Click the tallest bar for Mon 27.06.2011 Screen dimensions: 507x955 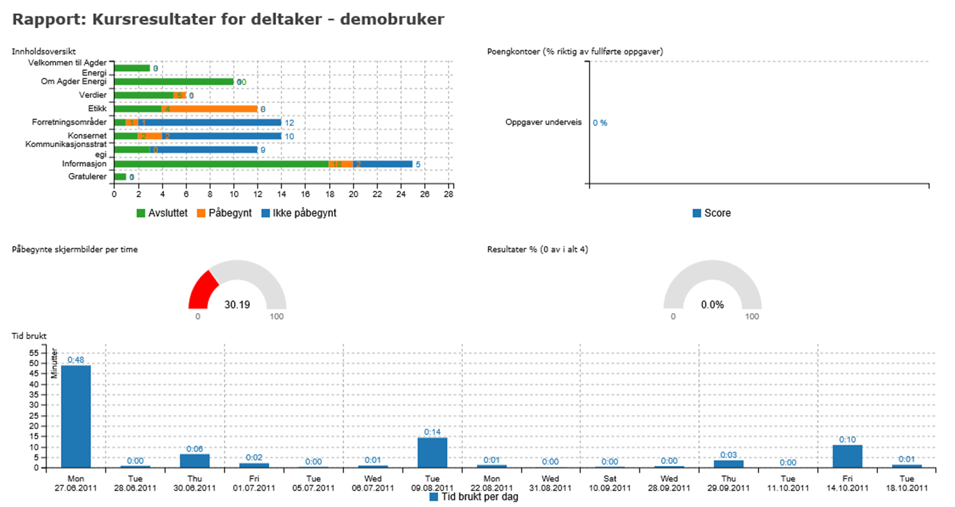point(76,416)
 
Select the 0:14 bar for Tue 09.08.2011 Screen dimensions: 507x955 point(432,453)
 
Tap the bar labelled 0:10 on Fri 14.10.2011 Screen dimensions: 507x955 point(847,456)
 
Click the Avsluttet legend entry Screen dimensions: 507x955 point(162,213)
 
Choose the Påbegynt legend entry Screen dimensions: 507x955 point(224,213)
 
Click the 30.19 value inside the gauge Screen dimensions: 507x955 point(237,305)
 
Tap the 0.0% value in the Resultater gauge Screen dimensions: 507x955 point(712,305)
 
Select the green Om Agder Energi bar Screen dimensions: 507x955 point(174,82)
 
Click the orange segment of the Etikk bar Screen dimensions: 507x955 point(209,109)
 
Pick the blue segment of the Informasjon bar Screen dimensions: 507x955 point(382,164)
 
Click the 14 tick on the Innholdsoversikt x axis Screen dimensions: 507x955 point(281,194)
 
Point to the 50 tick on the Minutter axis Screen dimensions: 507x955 point(34,363)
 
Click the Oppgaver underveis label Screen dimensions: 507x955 point(543,122)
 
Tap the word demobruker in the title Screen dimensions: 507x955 point(392,20)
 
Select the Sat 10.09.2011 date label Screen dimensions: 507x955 point(610,483)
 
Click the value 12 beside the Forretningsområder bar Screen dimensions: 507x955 point(290,123)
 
